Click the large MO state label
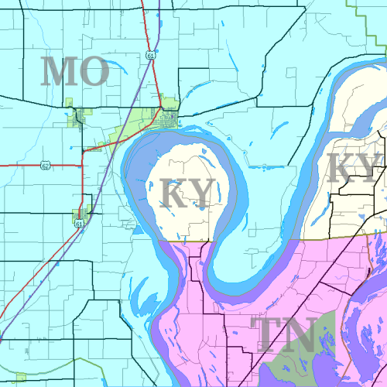75,71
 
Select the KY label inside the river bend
187,193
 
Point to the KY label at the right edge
353,168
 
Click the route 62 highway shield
45,164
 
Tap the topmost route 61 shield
150,55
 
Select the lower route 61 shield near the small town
79,223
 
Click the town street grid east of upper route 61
168,119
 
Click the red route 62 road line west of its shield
19,164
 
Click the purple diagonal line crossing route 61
93,201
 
